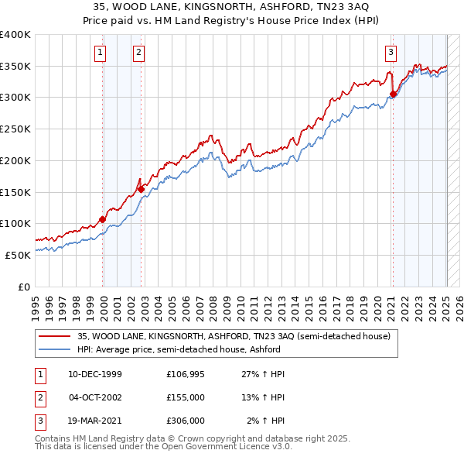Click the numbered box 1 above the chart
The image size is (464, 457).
[x=101, y=53]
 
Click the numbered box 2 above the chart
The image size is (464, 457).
[x=138, y=53]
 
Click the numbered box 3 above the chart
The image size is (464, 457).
[x=391, y=53]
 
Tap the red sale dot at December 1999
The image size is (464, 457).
[x=103, y=219]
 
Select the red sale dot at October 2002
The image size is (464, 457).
[x=141, y=188]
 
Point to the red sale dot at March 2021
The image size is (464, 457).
[x=393, y=94]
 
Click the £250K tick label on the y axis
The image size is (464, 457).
[x=15, y=129]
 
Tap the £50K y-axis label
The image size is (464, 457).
[x=18, y=254]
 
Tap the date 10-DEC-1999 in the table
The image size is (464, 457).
[x=95, y=374]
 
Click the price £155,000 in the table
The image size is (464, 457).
[x=185, y=397]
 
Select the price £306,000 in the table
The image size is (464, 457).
[x=185, y=421]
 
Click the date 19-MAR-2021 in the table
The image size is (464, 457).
[x=95, y=421]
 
